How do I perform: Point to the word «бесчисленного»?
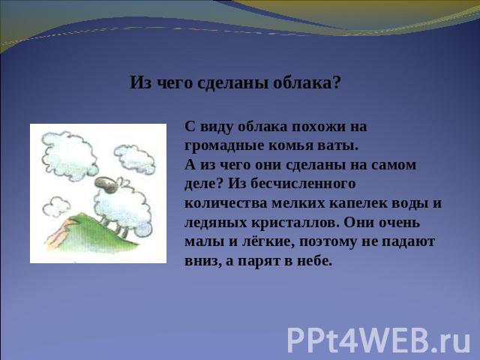coord(303,184)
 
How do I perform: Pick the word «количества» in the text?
coord(226,203)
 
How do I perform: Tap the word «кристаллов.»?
coord(295,223)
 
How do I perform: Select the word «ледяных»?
coord(216,223)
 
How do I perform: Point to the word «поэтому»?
coord(328,242)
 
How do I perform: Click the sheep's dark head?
coord(106,184)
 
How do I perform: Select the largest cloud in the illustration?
coord(70,155)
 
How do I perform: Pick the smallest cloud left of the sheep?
coord(56,206)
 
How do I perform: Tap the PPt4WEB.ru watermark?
coord(378,340)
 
